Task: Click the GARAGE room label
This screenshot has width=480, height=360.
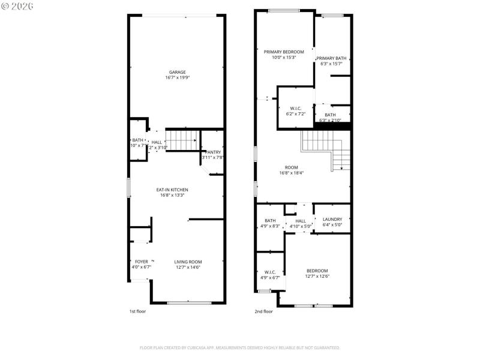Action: click(x=176, y=72)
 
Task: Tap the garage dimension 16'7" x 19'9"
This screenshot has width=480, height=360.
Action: click(x=176, y=78)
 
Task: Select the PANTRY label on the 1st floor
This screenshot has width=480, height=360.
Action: click(x=214, y=152)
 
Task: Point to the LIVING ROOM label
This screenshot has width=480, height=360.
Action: click(x=188, y=262)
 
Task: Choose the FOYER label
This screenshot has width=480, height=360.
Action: click(x=141, y=262)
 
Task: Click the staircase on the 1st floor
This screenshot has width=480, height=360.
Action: click(x=182, y=140)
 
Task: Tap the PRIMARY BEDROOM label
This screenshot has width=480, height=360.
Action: click(x=284, y=52)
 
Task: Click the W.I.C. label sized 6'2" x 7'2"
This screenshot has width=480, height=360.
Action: click(x=295, y=108)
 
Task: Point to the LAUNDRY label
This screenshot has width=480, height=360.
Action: click(x=332, y=220)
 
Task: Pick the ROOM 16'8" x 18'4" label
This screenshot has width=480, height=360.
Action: click(x=292, y=167)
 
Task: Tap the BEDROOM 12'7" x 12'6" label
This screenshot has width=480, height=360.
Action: click(x=317, y=271)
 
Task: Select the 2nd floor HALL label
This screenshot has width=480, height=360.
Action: click(x=300, y=221)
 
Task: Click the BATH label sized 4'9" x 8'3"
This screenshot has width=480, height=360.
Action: click(x=270, y=220)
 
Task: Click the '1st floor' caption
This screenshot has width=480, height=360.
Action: click(x=137, y=311)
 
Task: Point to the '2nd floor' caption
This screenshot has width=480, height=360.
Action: click(x=263, y=311)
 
